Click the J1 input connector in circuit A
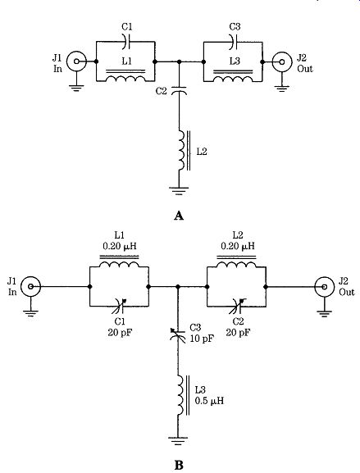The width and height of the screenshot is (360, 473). [76, 61]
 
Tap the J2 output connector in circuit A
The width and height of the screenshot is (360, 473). [282, 61]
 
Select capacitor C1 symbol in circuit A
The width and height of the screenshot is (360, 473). [126, 41]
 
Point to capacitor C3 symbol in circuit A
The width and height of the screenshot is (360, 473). [234, 41]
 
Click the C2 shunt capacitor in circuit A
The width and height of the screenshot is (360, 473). [179, 90]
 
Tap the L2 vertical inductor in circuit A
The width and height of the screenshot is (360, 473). [184, 151]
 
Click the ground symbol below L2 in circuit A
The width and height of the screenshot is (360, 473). [179, 191]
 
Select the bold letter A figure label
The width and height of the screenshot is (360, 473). [179, 216]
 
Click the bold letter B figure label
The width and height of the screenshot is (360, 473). [179, 466]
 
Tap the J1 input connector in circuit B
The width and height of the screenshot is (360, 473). [31, 286]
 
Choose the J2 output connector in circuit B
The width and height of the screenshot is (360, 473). [325, 287]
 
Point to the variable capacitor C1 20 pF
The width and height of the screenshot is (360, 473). [120, 307]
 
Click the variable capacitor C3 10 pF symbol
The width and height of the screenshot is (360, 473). [178, 334]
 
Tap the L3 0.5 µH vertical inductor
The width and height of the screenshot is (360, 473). [184, 395]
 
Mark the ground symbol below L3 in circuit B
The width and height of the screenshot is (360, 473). [178, 439]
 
